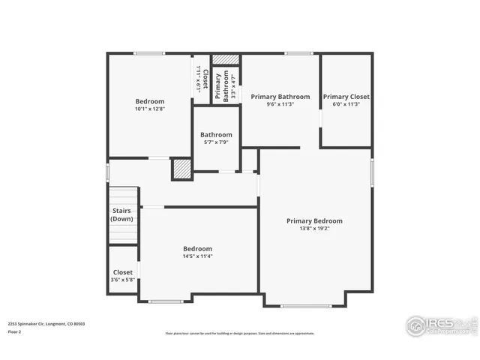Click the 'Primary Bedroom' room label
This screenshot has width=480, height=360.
click(x=314, y=220)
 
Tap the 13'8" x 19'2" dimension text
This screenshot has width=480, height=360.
click(x=314, y=229)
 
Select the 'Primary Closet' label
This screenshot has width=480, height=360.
click(x=346, y=97)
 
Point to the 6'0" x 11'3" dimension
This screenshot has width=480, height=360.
click(x=346, y=104)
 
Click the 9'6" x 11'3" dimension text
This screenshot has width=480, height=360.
click(x=280, y=104)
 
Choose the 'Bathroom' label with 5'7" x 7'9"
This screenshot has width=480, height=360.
click(x=216, y=135)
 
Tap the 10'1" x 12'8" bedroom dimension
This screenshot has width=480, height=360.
click(x=149, y=109)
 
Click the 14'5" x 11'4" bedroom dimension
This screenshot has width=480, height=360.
click(x=198, y=256)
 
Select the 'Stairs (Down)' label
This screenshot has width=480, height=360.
click(x=121, y=215)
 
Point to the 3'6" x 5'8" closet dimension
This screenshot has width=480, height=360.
click(x=122, y=280)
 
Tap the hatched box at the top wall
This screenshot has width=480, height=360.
click(x=224, y=59)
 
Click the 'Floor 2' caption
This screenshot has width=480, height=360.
click(x=15, y=331)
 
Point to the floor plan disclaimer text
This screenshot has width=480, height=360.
click(x=239, y=334)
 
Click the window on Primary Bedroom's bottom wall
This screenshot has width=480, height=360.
click(x=304, y=305)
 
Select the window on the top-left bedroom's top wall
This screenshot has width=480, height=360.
click(x=149, y=53)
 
